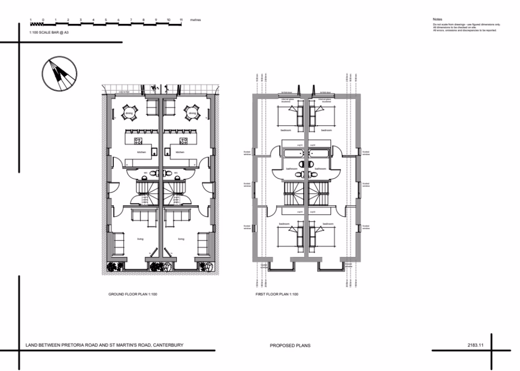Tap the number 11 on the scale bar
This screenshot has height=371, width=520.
click(181, 20)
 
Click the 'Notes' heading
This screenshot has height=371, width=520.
click(437, 19)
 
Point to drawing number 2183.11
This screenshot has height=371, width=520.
click(475, 345)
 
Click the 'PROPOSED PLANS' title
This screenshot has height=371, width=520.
click(290, 345)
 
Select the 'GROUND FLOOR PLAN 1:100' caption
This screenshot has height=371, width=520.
click(133, 294)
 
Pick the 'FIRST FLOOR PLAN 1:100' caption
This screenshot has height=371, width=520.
click(274, 294)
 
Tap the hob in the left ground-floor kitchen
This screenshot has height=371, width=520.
click(138, 141)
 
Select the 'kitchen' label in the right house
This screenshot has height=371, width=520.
click(180, 152)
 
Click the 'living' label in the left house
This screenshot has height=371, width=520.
click(141, 239)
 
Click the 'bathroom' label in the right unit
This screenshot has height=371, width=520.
click(320, 168)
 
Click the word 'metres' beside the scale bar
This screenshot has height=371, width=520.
click(195, 20)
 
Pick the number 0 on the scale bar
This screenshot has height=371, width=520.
click(42, 20)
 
